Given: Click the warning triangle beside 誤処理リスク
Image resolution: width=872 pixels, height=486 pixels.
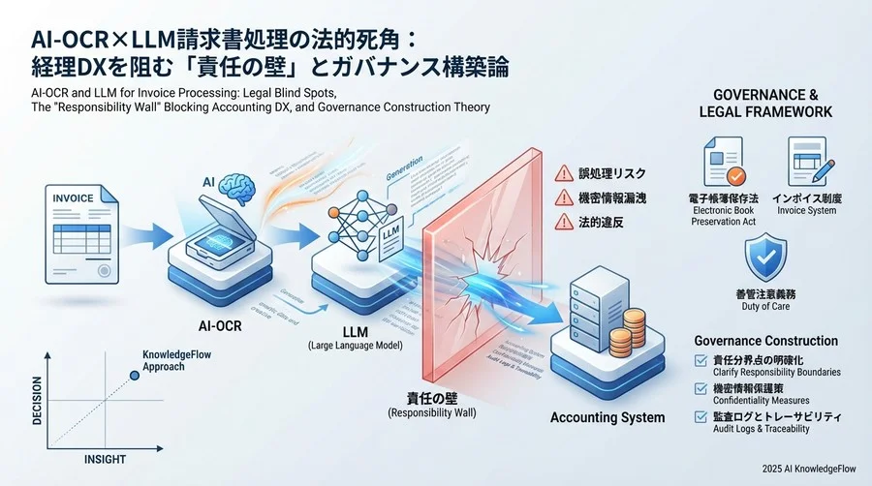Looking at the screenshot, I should click(563, 174).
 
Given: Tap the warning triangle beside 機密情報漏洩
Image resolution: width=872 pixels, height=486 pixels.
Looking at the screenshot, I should click(563, 197).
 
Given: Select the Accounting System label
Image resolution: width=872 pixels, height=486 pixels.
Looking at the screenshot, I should click(607, 417).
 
